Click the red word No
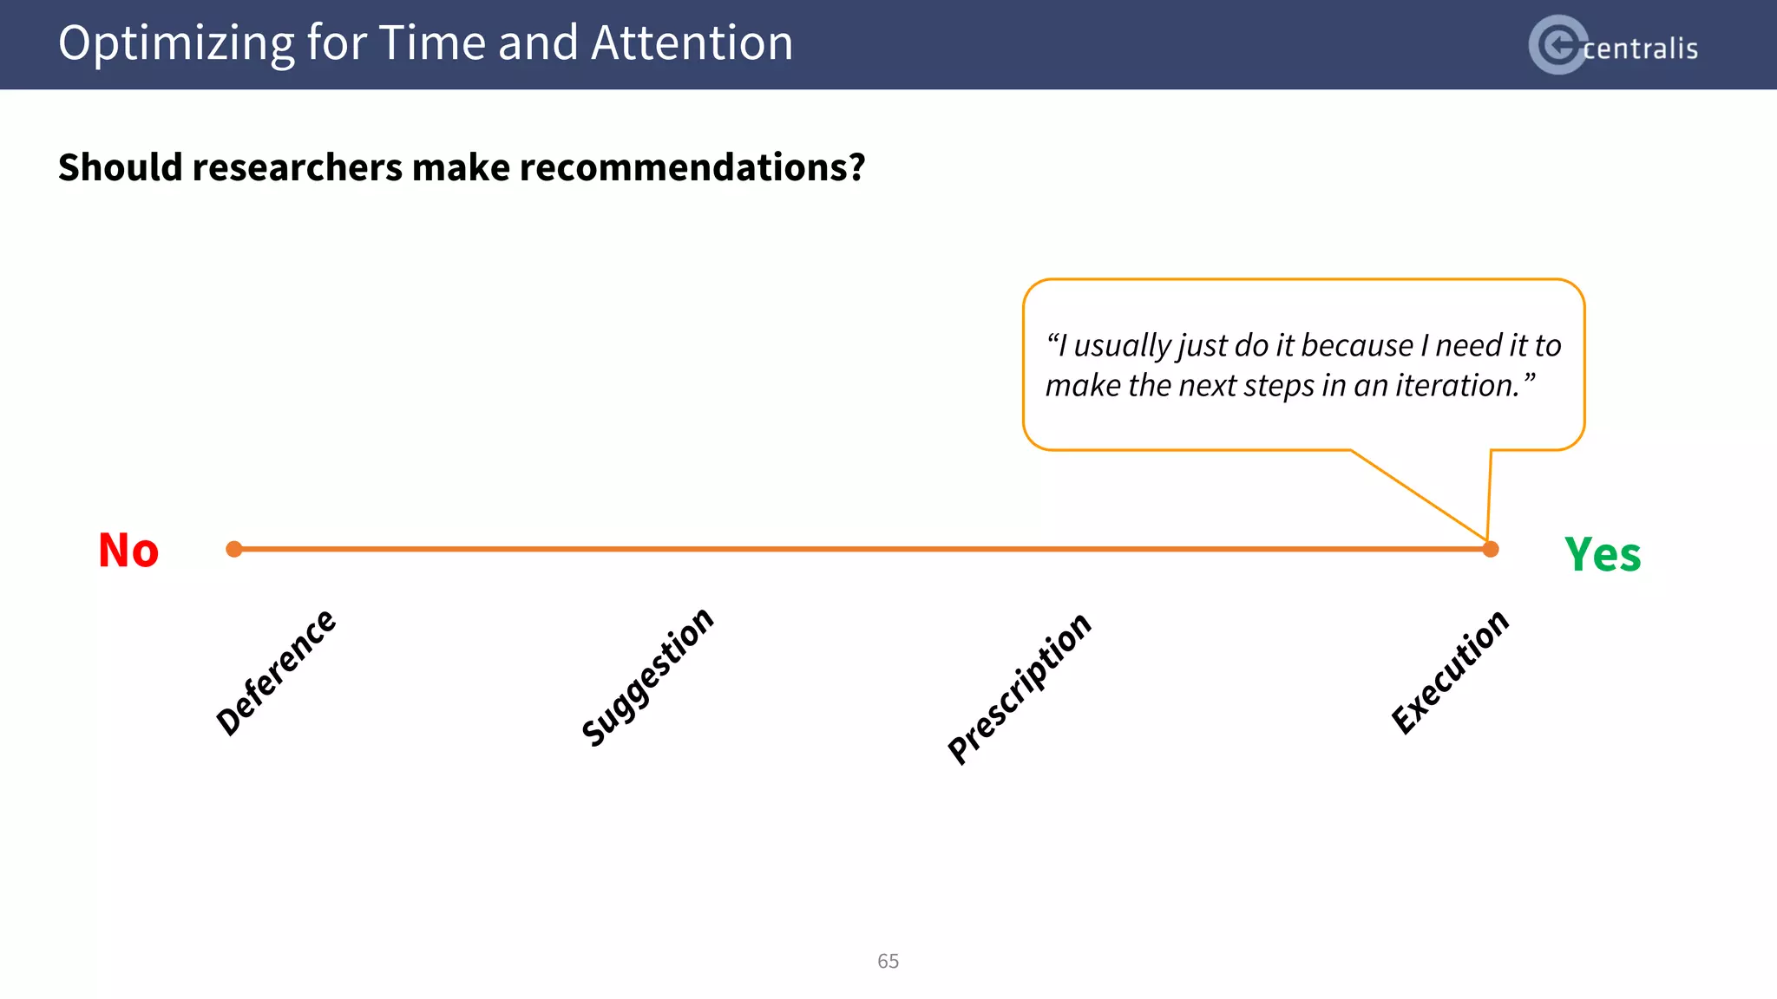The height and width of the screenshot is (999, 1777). pos(128,551)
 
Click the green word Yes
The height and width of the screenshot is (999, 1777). pos(1602,555)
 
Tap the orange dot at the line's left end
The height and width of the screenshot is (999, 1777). pos(234,549)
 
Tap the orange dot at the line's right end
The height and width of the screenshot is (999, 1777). pos(1491,549)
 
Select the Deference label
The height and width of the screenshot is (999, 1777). pos(276,672)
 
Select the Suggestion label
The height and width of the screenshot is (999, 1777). pos(647,677)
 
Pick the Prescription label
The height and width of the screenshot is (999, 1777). pos(1020,688)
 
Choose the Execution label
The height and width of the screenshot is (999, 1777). pos(1450,672)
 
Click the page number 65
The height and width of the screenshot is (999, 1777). pos(888,961)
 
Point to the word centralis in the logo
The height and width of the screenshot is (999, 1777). pos(1640,49)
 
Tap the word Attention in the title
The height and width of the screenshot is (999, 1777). pos(692,43)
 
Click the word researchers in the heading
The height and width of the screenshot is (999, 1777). pos(296,167)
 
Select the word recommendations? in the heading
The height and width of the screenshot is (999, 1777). pos(692,167)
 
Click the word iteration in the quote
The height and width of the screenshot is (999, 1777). pos(1458,385)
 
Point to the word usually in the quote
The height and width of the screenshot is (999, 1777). pos(1123,345)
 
